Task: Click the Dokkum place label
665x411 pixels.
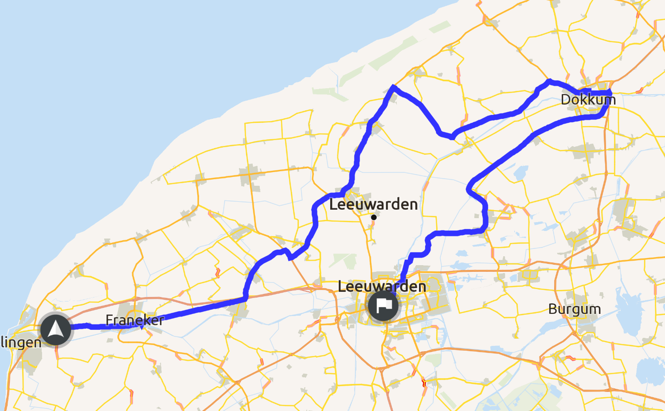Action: (x=588, y=100)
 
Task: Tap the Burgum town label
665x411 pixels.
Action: (x=575, y=309)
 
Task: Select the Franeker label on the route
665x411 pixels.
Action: (x=135, y=320)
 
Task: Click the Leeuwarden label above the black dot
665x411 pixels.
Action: (x=373, y=204)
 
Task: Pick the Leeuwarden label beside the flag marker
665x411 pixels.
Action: (x=382, y=286)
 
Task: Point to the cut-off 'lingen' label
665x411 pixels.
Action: (x=20, y=342)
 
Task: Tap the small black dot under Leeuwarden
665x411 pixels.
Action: (x=374, y=217)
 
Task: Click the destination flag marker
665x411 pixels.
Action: (x=383, y=305)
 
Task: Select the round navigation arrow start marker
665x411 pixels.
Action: (x=56, y=329)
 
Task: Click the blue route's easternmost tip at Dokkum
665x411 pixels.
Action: (x=610, y=92)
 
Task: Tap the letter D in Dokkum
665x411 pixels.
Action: (x=566, y=100)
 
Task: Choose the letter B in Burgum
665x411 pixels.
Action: (x=553, y=309)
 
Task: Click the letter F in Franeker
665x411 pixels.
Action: (x=109, y=320)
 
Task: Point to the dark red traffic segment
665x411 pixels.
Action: (x=424, y=382)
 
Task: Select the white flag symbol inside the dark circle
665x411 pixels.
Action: (x=383, y=305)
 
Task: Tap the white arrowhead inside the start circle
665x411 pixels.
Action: (x=55, y=329)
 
